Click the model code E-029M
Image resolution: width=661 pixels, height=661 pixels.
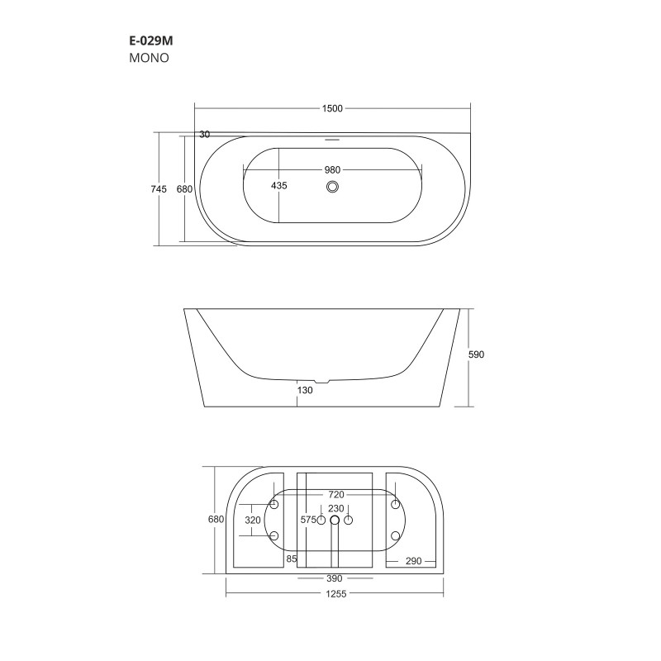coord(150,40)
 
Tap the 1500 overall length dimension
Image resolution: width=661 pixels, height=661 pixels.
coord(332,109)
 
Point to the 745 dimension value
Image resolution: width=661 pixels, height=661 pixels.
coord(159,189)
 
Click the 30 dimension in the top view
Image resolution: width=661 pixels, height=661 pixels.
coord(204,135)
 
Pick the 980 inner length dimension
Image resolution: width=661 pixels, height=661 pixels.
coord(332,169)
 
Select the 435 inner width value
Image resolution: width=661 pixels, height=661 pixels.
coord(279,187)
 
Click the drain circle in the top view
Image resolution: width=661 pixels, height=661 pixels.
coord(333,187)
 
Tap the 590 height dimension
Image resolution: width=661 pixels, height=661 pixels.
coord(476,354)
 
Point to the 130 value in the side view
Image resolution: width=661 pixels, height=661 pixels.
coord(305,391)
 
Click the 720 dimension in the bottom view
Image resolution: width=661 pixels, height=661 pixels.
coord(335,495)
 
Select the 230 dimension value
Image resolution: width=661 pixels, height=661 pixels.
coord(335,508)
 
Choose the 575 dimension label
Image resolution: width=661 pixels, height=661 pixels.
coord(309,520)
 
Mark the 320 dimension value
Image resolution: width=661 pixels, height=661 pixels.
coord(254,520)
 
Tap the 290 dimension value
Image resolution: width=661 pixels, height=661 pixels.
coord(414,561)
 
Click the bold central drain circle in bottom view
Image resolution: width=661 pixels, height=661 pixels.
coord(335,521)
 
